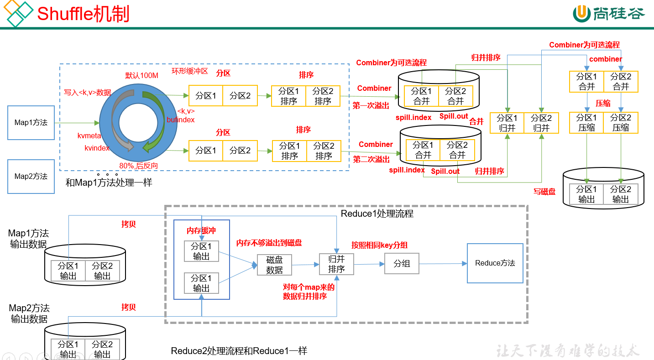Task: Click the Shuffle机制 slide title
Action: coord(83,14)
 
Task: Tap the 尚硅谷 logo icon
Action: coord(582,14)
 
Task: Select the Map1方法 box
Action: coord(31,123)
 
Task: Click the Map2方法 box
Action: coord(31,177)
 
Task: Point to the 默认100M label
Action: coord(141,75)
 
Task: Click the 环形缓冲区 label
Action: coord(189,71)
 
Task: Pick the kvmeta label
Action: coord(89,136)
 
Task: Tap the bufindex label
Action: coord(181,120)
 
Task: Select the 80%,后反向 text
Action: coord(138,166)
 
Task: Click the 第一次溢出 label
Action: coord(371,105)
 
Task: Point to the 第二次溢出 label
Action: coord(371,159)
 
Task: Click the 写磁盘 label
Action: coord(544,192)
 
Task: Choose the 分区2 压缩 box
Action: coord(621,123)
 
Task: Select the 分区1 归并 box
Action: coord(507,123)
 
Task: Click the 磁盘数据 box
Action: coord(274,265)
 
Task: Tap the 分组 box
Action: coord(402,264)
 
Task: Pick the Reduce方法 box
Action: coord(495,263)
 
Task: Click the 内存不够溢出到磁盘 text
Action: coord(269,243)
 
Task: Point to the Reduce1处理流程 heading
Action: coord(377,214)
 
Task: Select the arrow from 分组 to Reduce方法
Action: coord(443,264)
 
